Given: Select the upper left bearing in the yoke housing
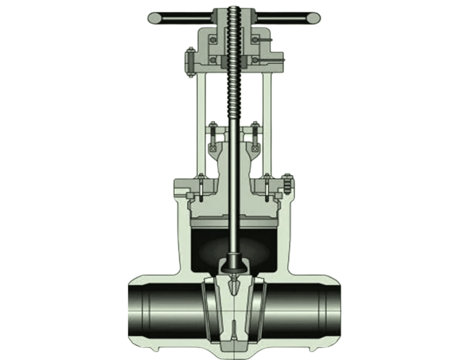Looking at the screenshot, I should point(212,40).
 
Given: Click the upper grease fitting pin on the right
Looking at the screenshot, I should point(265,40).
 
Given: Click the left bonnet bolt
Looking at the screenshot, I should point(200,188).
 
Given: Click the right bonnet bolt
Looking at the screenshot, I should point(267,188).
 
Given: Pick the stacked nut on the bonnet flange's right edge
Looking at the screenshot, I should point(287,184).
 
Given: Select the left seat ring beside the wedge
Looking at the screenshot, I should point(207,310).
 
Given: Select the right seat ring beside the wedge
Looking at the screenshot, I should point(260,310).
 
